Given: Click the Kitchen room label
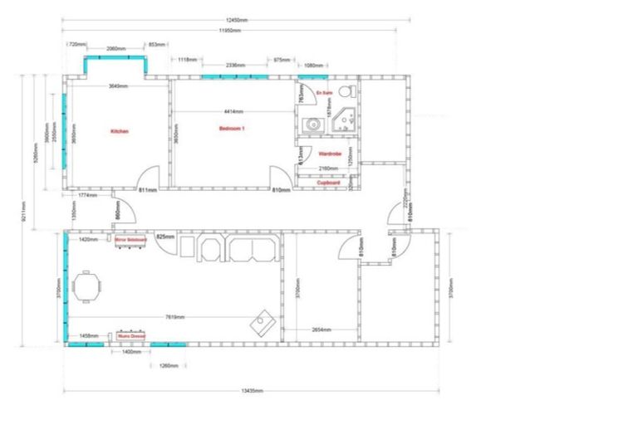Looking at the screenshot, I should (120, 131).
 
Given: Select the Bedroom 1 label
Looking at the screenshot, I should (232, 129).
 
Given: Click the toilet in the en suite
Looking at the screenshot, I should (351, 90).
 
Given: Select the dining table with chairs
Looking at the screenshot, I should (88, 289).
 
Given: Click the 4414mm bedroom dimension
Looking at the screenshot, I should (233, 111).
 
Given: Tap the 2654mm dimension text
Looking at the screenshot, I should (321, 330).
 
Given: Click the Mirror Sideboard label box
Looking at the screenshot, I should (132, 239).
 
